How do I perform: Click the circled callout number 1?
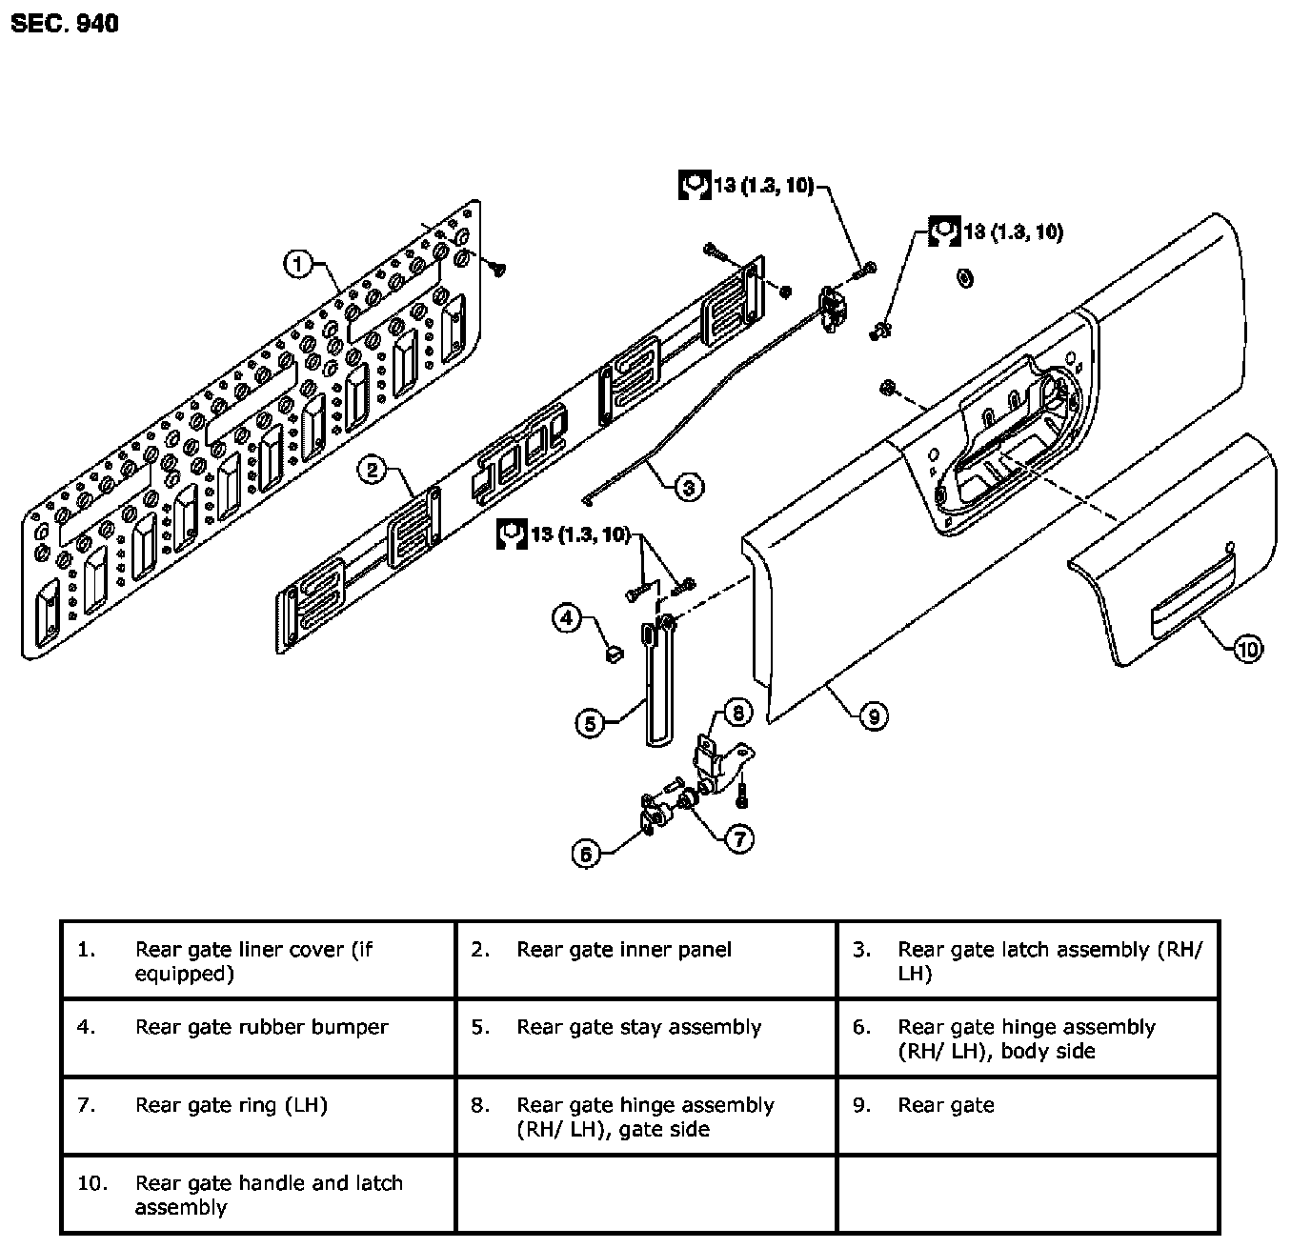coord(298,263)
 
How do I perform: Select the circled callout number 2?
coord(373,469)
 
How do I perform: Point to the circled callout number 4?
coord(567,617)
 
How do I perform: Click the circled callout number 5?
coord(590,723)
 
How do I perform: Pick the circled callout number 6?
coord(586,854)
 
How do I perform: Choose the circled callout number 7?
coord(738,837)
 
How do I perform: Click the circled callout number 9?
coord(874,715)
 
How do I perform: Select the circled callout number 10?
coord(1247,649)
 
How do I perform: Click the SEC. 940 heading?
coord(65,24)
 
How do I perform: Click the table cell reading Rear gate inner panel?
coord(646,959)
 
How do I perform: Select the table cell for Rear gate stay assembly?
coord(646,1037)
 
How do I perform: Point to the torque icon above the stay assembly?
coord(512,534)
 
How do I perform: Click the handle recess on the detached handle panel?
coord(1192,613)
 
